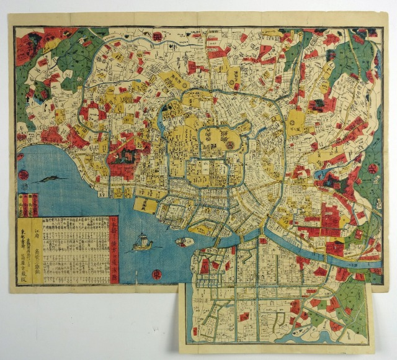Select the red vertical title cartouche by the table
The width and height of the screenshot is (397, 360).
(x=114, y=249)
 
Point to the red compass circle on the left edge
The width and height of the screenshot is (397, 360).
(x=22, y=175)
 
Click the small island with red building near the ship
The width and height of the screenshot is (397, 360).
(x=184, y=241)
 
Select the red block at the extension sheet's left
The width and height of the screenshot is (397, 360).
(x=204, y=266)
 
